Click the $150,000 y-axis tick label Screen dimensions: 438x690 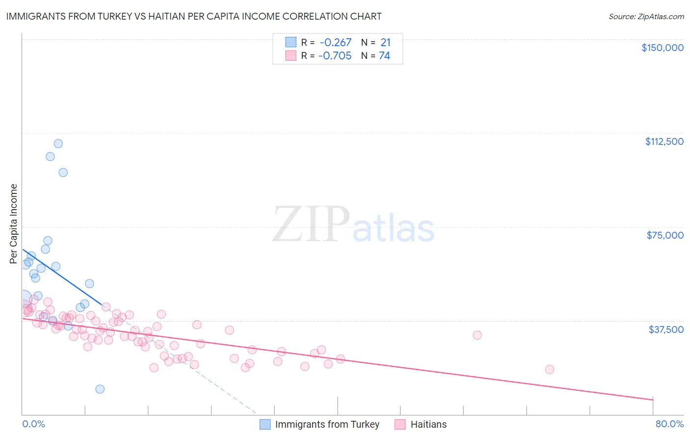pos(662,48)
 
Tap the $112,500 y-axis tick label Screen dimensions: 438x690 pos(664,141)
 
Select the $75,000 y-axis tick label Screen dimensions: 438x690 pos(665,235)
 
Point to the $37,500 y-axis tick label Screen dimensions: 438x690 pos(666,329)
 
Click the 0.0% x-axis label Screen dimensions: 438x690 pos(33,424)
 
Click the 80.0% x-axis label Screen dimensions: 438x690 pos(669,424)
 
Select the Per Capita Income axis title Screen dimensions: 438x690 pos(13,223)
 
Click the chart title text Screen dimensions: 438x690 pos(194,16)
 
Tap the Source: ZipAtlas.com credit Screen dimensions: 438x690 pos(646,16)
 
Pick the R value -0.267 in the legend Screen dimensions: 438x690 pos(335,43)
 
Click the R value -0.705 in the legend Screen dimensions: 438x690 pos(335,56)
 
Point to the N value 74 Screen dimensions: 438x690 pos(384,56)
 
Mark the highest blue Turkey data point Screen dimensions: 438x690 pos(58,144)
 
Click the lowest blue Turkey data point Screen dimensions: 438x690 pos(100,389)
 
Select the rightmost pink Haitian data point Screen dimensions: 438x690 pos(549,369)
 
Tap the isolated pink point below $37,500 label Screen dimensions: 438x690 pos(477,335)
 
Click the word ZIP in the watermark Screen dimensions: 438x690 pos(311,224)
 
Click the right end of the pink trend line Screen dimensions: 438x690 pos(653,400)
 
